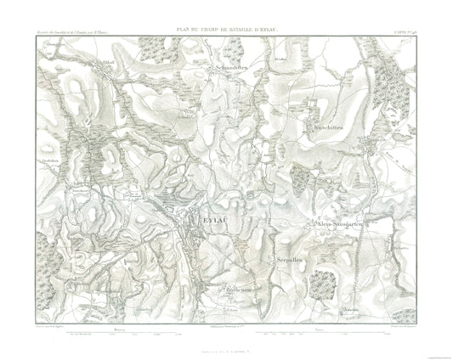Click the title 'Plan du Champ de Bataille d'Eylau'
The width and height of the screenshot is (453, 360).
coord(226,31)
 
